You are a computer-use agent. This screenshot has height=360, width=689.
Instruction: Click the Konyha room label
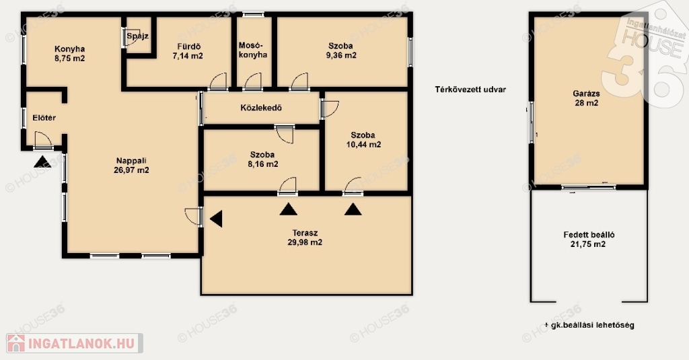[70, 49]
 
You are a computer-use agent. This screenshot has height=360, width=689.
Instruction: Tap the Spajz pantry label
[137, 36]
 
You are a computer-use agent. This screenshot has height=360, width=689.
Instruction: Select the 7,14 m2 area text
[188, 56]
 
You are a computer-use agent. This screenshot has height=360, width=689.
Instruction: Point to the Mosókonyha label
[253, 50]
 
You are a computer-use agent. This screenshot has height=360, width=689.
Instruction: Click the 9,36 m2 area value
[341, 55]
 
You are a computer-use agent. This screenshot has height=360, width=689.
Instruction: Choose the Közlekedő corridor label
[261, 108]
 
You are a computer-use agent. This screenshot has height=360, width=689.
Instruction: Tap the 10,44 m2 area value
[363, 145]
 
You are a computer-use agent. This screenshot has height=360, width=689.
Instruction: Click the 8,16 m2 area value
[263, 164]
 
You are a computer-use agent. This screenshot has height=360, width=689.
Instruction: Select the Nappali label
[131, 161]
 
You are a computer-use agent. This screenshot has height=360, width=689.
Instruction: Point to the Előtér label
[44, 118]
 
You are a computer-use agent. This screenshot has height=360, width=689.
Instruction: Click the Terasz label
[305, 233]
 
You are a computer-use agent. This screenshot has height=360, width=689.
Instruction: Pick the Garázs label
[586, 94]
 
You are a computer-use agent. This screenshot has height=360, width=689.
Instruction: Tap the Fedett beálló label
[589, 235]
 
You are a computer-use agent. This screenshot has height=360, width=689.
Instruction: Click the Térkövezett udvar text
[470, 89]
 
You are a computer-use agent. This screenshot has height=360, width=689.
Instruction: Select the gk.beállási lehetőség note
[589, 325]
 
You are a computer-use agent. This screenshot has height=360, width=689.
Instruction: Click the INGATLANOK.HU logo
[74, 343]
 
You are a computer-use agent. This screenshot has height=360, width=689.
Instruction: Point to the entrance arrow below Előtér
[42, 161]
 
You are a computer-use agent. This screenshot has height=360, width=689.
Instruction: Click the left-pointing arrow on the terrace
[216, 219]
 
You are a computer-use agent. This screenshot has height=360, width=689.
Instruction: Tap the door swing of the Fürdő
[219, 81]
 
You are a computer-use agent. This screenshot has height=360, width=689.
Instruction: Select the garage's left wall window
[531, 122]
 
